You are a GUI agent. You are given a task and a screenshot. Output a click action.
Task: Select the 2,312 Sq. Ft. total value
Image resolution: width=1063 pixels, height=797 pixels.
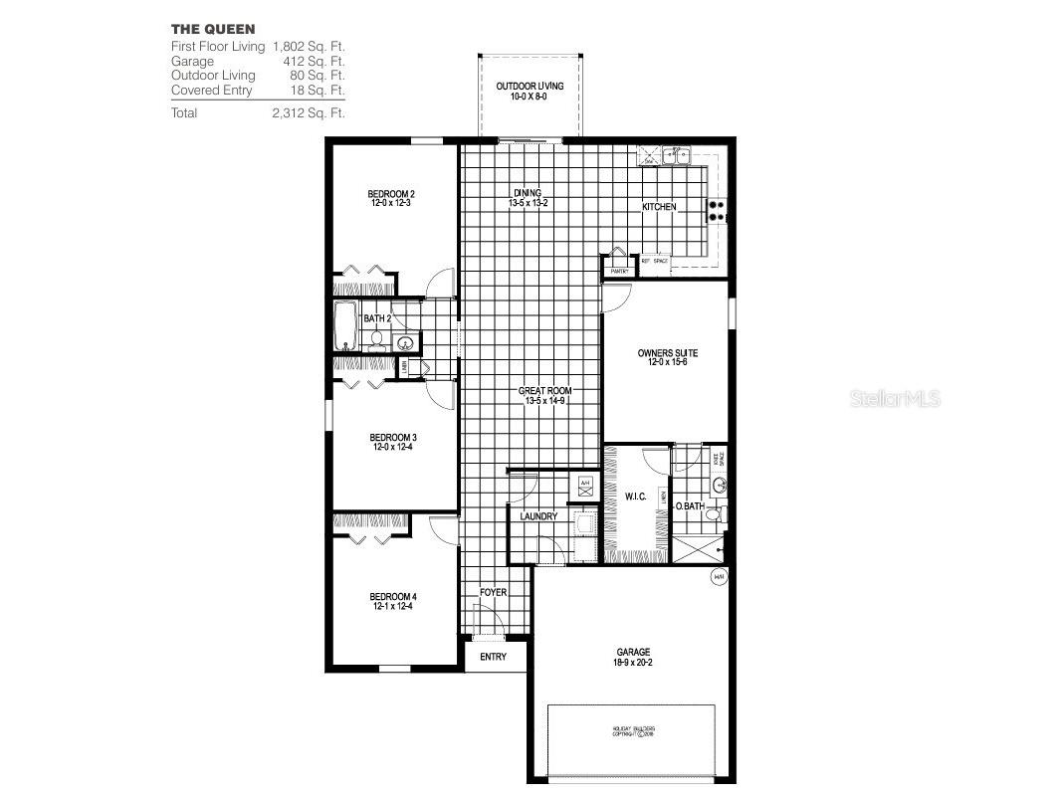tap(309, 113)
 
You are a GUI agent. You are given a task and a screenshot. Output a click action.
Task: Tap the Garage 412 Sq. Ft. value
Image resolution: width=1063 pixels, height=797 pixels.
tap(317, 61)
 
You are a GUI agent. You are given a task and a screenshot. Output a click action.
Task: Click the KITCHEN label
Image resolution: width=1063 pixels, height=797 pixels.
tap(659, 207)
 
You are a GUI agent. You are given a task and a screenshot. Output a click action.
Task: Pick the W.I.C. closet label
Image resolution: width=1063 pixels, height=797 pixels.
tap(636, 497)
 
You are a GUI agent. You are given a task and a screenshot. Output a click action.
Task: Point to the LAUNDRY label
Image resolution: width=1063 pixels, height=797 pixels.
tap(538, 516)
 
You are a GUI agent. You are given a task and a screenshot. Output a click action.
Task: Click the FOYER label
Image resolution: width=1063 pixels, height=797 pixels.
tap(493, 593)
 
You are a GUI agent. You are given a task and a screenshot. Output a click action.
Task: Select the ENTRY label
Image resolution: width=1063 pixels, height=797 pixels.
tap(493, 657)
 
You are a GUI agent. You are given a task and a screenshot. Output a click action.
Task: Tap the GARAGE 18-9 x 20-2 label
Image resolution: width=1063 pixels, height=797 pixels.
tap(633, 658)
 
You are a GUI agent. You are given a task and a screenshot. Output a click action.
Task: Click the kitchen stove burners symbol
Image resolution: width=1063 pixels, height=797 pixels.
tap(715, 210)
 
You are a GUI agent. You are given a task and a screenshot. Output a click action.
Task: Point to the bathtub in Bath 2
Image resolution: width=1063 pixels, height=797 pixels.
tap(346, 326)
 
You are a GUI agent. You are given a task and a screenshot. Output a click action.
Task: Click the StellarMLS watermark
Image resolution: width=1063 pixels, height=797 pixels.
tap(893, 400)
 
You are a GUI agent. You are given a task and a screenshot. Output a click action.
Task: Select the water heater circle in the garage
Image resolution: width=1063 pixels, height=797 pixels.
tap(718, 577)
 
